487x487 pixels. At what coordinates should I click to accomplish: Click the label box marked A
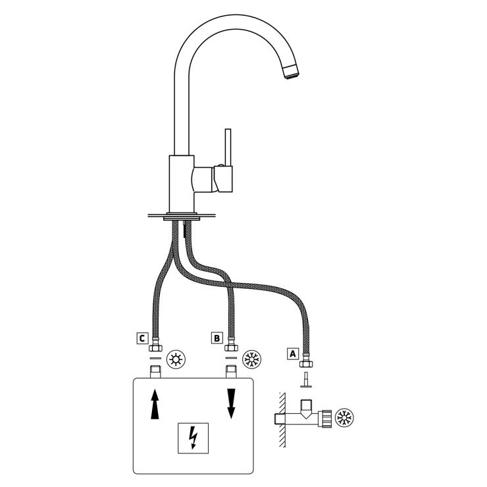[x=293, y=354]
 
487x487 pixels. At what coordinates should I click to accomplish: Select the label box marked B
[x=217, y=338]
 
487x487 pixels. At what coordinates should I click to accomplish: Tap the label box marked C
[x=142, y=338]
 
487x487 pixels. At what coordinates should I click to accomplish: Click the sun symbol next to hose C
[x=176, y=360]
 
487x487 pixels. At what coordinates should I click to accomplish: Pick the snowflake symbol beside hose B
[x=251, y=360]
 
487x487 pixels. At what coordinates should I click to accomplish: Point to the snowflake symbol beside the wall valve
[x=345, y=417]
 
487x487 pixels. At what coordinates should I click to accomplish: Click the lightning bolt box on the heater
[x=193, y=438]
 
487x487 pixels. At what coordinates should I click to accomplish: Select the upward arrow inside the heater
[x=155, y=404]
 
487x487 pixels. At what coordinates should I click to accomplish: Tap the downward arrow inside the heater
[x=231, y=404]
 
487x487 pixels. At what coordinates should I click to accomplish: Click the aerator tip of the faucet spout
[x=291, y=72]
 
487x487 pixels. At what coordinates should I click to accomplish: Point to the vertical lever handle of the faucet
[x=228, y=148]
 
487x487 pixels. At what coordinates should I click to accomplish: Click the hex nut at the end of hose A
[x=306, y=364]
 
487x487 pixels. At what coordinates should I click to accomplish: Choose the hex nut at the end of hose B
[x=231, y=347]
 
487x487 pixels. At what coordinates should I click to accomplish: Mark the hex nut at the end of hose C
[x=155, y=347]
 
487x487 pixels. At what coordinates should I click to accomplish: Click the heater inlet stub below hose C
[x=155, y=372]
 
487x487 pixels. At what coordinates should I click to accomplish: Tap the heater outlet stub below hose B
[x=231, y=372]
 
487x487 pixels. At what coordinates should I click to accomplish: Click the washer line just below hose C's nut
[x=155, y=358]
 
